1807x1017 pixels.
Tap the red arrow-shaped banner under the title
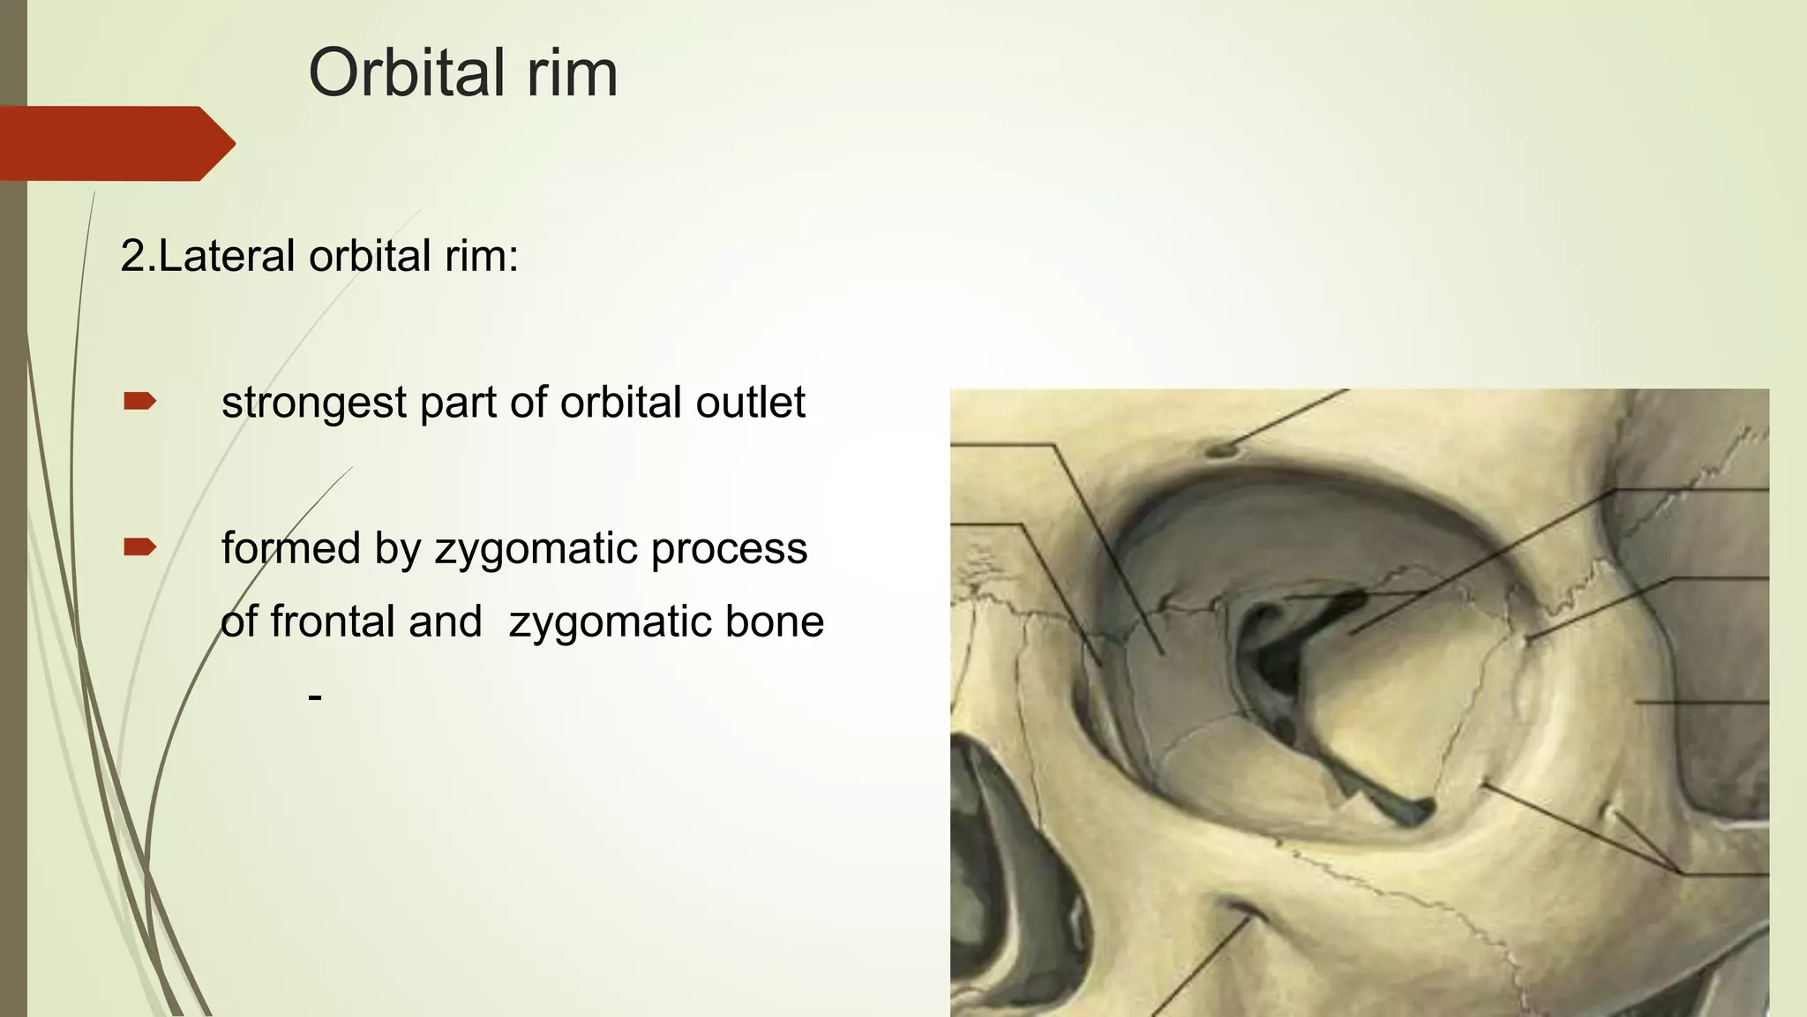115,143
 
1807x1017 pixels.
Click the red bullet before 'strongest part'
139,403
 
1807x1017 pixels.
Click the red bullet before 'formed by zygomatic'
139,548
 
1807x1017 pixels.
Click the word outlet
750,403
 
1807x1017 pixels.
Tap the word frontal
376,621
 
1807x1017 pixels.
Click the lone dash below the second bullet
315,697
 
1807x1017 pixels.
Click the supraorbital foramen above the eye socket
1221,450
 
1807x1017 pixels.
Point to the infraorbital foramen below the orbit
1239,909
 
